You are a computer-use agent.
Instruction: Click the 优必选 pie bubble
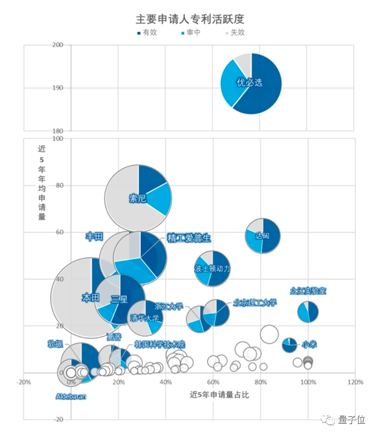251,83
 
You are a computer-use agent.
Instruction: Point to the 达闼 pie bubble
262,236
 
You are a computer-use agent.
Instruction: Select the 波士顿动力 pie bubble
212,268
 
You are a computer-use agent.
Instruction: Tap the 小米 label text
310,344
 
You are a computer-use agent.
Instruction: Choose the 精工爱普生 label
189,238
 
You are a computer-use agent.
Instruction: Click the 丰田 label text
94,237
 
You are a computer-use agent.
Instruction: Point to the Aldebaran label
71,397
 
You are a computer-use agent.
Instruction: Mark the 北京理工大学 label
254,303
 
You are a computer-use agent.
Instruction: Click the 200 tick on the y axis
58,45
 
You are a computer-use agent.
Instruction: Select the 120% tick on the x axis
355,382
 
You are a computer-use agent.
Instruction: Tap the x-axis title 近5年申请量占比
219,395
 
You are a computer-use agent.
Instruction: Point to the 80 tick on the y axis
59,185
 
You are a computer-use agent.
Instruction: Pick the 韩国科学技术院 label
160,345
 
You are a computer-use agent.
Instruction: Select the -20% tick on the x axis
24,382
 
